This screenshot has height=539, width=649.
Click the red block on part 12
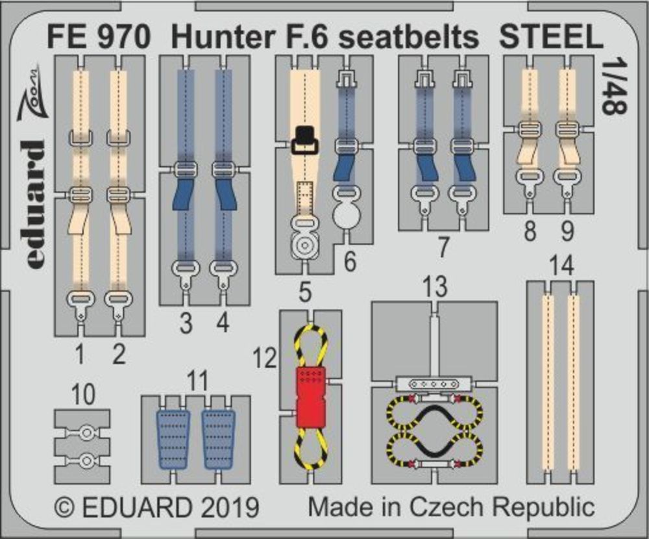(312, 397)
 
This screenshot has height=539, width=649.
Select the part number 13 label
(435, 286)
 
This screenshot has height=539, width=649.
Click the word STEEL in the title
(551, 37)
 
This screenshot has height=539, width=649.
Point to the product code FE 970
(98, 37)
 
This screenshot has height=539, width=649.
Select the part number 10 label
(83, 394)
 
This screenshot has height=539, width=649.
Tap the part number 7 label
(443, 247)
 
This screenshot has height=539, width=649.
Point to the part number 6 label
(350, 262)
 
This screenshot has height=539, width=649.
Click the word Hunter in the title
(223, 37)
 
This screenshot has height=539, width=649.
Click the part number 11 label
(197, 381)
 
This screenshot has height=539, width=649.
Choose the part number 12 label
(265, 358)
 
